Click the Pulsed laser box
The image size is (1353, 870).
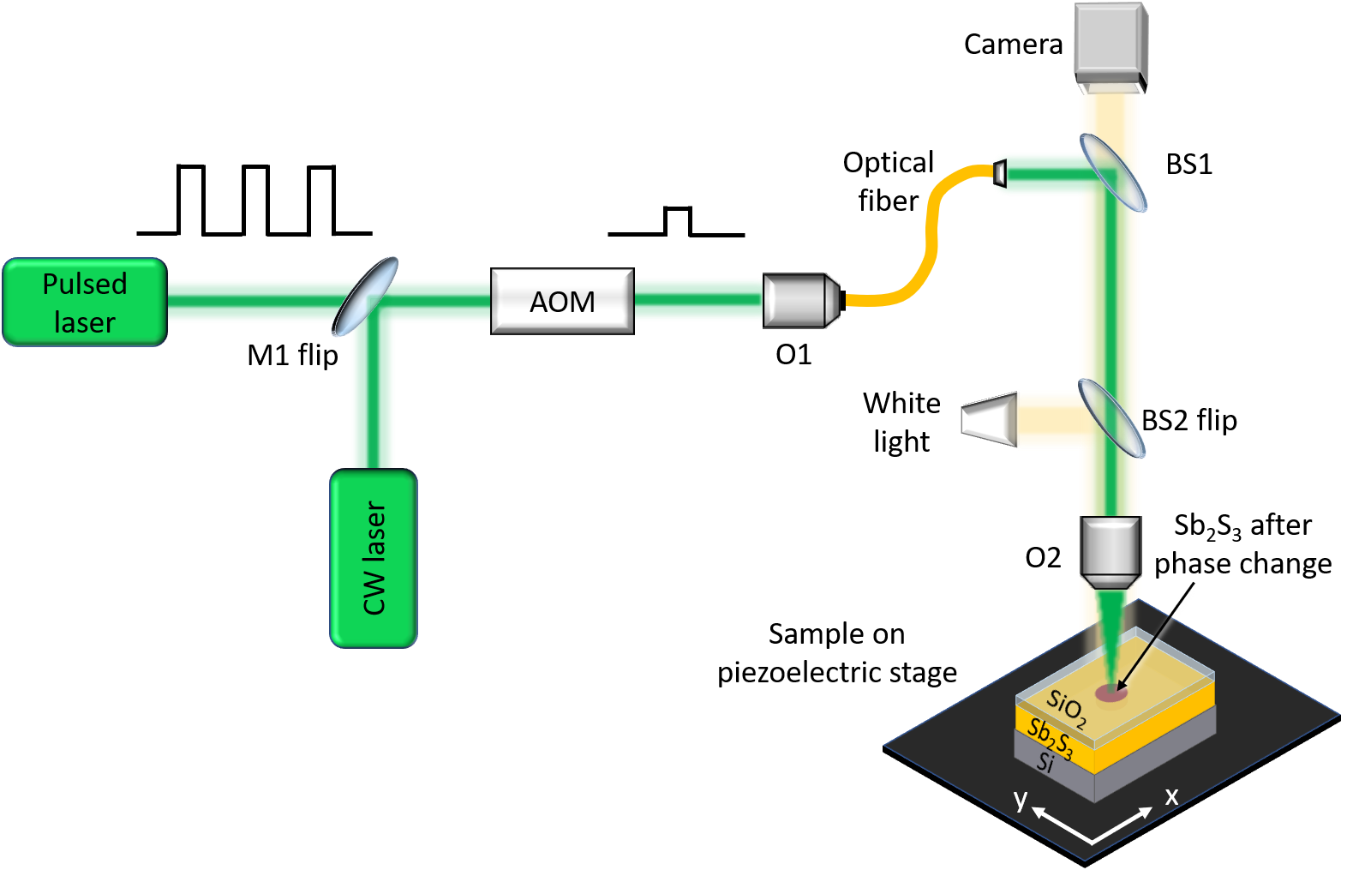[84, 303]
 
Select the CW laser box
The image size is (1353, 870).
[374, 558]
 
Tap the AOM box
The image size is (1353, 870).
[562, 301]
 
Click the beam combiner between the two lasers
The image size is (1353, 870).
[365, 297]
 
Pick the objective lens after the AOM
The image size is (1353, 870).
[800, 300]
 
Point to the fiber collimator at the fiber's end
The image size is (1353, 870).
[999, 173]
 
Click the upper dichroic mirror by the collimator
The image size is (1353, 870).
[1112, 172]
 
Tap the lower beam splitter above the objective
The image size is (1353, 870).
[1111, 418]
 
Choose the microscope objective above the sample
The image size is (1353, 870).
[1110, 553]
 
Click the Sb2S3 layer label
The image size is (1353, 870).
[1050, 738]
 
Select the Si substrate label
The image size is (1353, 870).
[1045, 761]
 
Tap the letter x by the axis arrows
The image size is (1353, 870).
[1171, 796]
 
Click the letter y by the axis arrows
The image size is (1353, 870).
[1020, 799]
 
